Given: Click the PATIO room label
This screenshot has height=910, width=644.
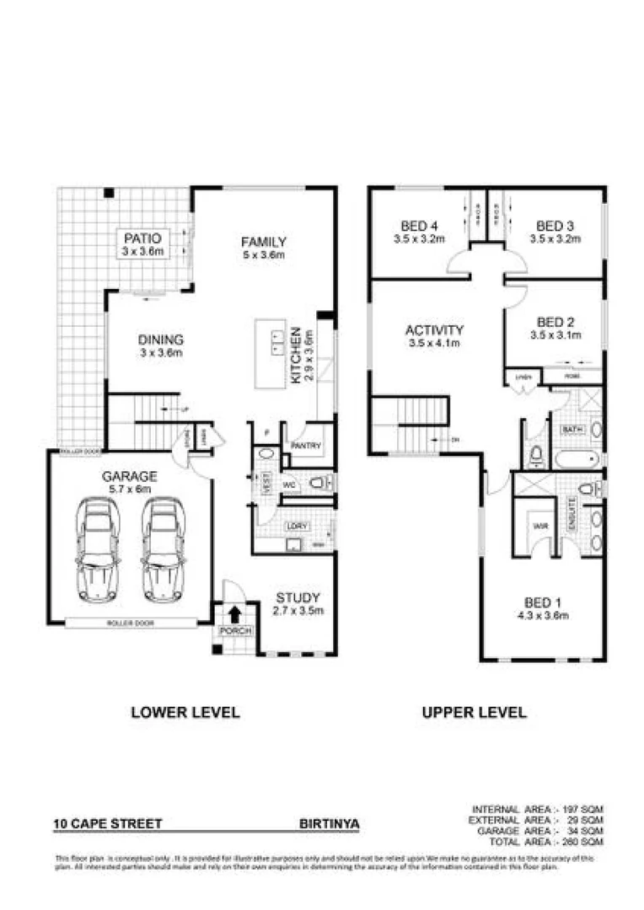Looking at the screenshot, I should pos(142,238).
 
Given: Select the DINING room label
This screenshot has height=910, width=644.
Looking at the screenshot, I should pos(161,340).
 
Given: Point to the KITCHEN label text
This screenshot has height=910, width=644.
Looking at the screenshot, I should pos(296,356).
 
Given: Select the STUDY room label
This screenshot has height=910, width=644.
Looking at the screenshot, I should pos(299,599).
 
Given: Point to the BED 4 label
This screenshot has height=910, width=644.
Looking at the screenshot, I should pos(419,226).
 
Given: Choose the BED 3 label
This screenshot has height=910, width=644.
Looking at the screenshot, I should pos(555,226).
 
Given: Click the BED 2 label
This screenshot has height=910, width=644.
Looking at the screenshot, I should pos(555,322).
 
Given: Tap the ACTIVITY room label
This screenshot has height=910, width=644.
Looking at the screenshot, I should pos(434,329).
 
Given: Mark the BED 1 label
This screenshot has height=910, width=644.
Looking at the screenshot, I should pos(543,602).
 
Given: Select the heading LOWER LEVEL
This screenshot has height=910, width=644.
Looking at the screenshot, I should pos(185,712).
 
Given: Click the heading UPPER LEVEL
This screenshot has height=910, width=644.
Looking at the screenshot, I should pos(474,712).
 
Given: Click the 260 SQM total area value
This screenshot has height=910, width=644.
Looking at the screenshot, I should pos(588,841).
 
